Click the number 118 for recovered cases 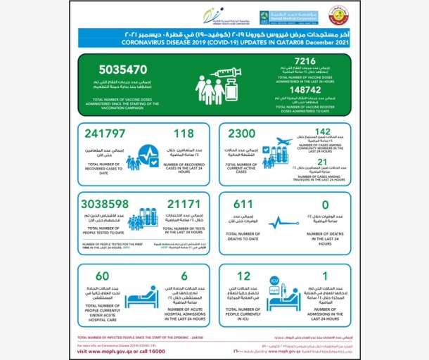(185, 134)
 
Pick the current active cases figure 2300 (243, 134)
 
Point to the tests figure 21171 (182, 204)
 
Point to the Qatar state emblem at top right (337, 15)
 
